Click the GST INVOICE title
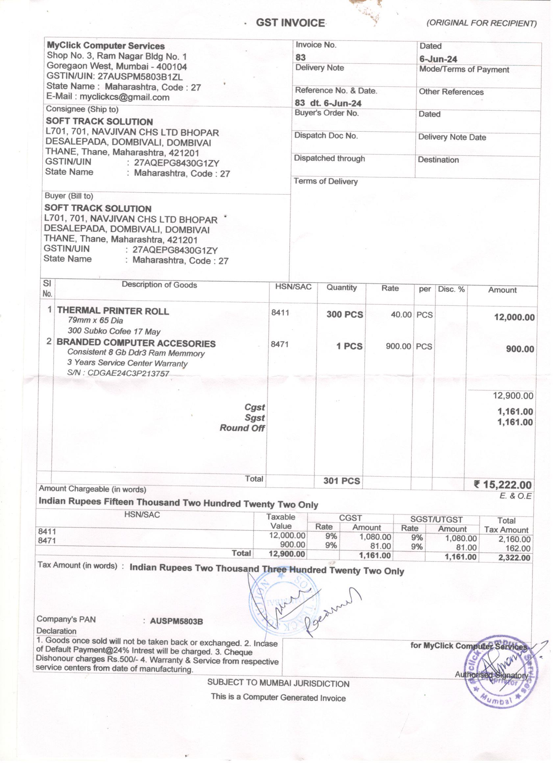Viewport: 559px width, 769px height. (x=291, y=23)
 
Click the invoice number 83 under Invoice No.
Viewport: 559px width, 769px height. (x=300, y=57)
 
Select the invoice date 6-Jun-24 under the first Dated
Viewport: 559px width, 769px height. (x=438, y=59)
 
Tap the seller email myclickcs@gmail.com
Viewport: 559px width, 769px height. (x=124, y=97)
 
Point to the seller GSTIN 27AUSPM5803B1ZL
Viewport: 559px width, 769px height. (x=140, y=76)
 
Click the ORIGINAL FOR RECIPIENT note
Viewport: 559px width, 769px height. (x=481, y=23)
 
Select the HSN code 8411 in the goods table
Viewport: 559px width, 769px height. (x=280, y=312)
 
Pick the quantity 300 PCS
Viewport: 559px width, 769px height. (x=344, y=314)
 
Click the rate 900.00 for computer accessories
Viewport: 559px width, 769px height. (x=398, y=346)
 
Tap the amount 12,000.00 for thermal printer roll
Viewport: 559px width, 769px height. (x=514, y=317)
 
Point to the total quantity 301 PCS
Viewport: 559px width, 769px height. (x=341, y=481)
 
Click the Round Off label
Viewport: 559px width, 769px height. (x=242, y=428)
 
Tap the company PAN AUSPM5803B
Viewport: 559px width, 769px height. (x=176, y=621)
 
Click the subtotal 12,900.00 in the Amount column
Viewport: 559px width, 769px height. (x=513, y=396)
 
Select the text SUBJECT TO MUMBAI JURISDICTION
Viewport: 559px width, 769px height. (x=278, y=683)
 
